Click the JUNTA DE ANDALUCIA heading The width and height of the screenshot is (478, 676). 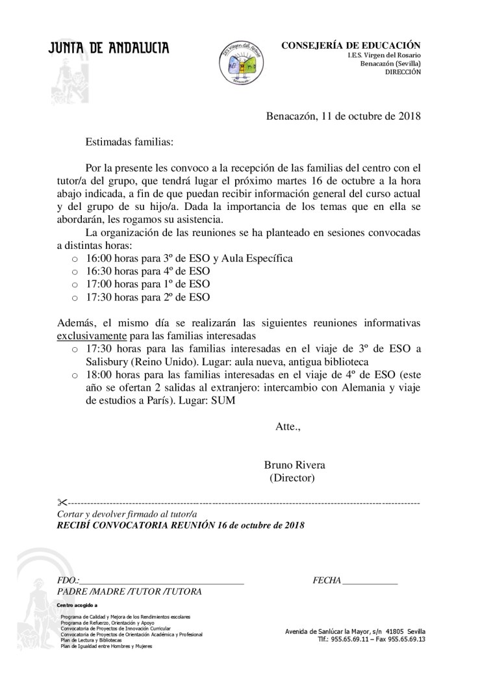tap(109, 48)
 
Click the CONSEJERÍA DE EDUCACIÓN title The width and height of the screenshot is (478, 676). tap(351, 45)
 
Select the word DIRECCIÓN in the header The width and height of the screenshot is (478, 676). tap(403, 72)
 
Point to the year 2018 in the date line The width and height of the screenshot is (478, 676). tap(408, 117)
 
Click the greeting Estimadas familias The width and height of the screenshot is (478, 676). tap(129, 140)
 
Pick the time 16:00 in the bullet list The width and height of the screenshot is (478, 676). tap(100, 258)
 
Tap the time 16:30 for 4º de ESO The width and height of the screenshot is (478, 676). tap(100, 271)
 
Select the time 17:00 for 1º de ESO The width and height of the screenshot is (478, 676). tap(100, 284)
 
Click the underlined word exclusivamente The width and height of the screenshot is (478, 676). tap(91, 336)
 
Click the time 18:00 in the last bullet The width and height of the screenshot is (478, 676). tap(100, 375)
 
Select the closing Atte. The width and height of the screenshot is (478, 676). tap(288, 427)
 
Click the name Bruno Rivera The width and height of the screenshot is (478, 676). tap(295, 465)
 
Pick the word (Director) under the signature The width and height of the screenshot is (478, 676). tap(292, 478)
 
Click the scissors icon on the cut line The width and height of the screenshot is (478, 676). tap(62, 502)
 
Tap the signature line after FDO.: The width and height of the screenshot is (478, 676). tap(162, 580)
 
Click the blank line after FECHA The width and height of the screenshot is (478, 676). tap(370, 580)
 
